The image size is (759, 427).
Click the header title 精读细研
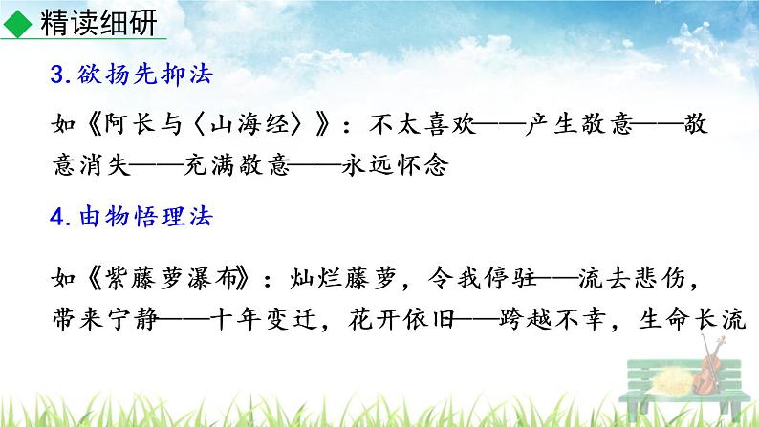point(98,26)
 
